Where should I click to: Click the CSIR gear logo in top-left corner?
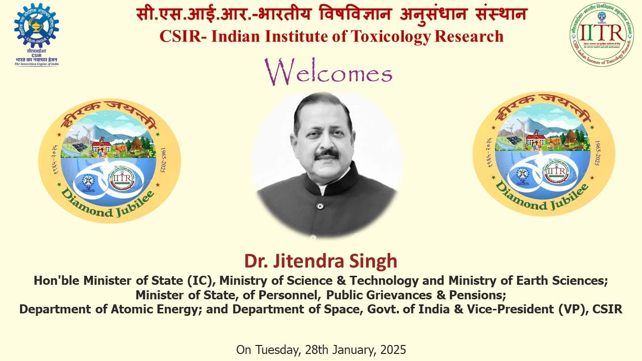(36, 25)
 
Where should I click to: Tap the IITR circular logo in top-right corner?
(601, 34)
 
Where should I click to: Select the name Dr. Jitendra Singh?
(320, 261)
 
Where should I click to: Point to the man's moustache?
(327, 153)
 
